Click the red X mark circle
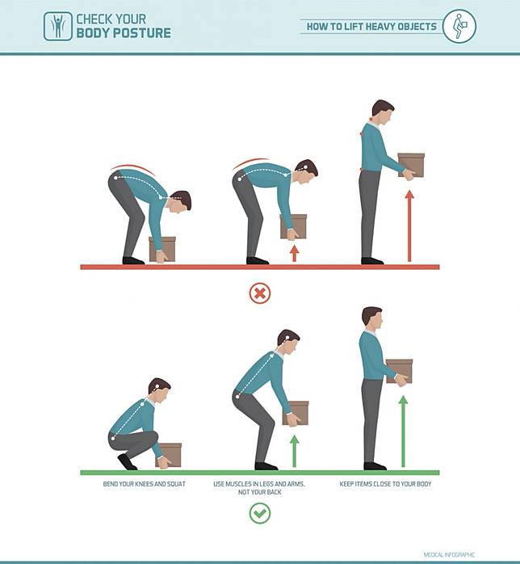point(260,293)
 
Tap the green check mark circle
point(260,513)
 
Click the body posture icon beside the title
point(58,26)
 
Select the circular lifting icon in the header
point(459,26)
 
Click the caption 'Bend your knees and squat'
point(144,484)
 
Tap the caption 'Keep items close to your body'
point(385,484)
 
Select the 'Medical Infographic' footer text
point(449,554)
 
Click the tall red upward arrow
point(409,226)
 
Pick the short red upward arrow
point(295,254)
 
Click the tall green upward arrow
point(403,431)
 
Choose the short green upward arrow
point(295,451)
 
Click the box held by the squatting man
point(170,455)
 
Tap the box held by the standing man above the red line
point(412,165)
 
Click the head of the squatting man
point(159,388)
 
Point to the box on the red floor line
point(163,249)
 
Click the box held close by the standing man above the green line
point(399,371)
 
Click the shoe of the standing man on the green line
point(375,466)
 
